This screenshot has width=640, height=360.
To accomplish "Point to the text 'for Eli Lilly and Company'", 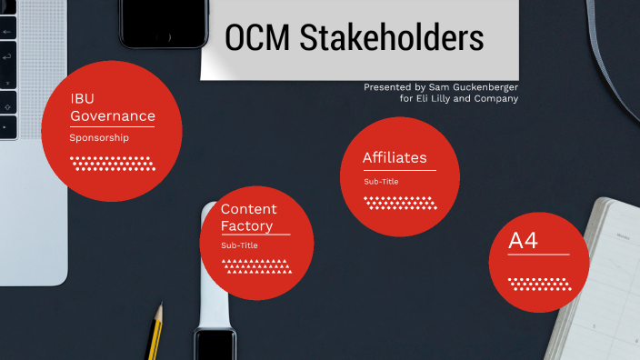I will (x=459, y=98).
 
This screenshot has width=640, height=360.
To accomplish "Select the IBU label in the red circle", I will (x=83, y=98).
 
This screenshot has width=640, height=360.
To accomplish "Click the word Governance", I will (x=113, y=116).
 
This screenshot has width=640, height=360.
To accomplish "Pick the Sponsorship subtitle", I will (x=99, y=137).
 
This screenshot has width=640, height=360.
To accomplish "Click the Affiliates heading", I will (x=395, y=158).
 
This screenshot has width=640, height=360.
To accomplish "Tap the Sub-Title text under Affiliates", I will (x=381, y=182).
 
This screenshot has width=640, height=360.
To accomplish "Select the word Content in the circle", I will (x=249, y=209).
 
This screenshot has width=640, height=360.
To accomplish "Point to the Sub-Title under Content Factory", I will (x=239, y=245).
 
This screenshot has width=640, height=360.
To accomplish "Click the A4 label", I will (x=523, y=241).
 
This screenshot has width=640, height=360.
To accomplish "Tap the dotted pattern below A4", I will (x=538, y=283).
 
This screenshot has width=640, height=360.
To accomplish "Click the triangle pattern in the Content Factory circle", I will (x=257, y=265).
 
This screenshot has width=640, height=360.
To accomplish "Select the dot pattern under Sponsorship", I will (x=111, y=164).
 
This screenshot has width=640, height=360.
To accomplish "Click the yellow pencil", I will (x=156, y=332).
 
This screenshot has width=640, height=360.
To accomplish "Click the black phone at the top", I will (x=161, y=23).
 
